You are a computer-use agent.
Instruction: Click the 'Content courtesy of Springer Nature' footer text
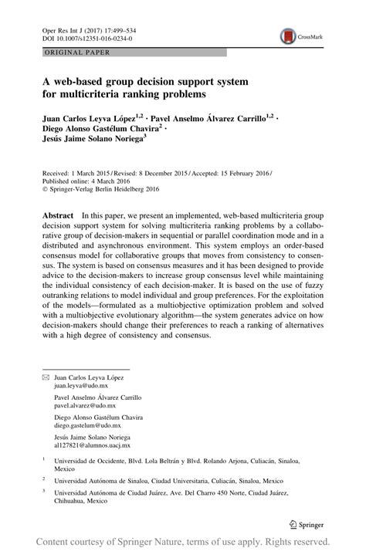pos(116,541)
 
